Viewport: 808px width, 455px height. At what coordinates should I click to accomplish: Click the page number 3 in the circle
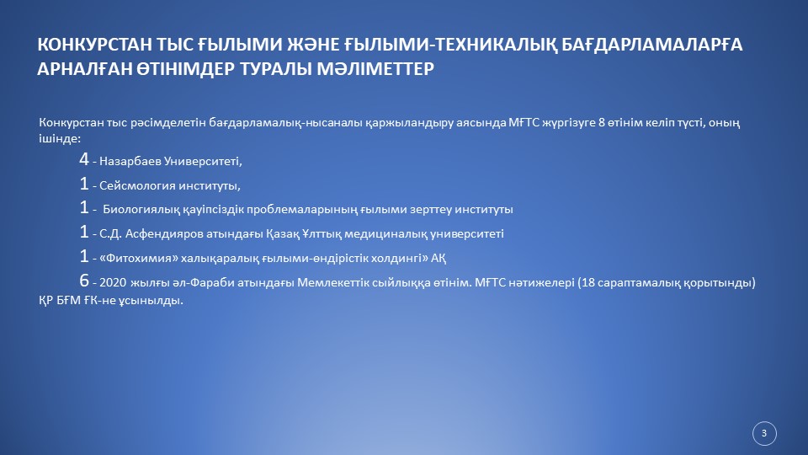pyautogui.click(x=764, y=433)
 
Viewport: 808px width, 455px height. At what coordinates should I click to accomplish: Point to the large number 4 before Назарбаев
pyautogui.click(x=84, y=159)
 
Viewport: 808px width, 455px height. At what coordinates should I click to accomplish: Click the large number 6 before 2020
pyautogui.click(x=84, y=280)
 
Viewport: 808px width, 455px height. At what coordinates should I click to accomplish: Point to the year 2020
pyautogui.click(x=113, y=283)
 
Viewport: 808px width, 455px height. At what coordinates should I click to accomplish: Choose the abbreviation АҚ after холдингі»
pyautogui.click(x=439, y=258)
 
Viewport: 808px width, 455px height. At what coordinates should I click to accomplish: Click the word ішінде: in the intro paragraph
pyautogui.click(x=60, y=139)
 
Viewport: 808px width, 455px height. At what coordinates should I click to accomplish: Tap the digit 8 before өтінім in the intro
pyautogui.click(x=601, y=123)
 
